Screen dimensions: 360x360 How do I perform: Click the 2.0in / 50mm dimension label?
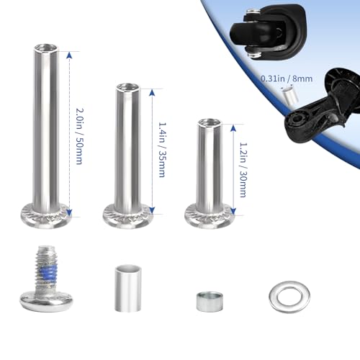click(79, 136)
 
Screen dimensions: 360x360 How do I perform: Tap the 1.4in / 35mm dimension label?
click(162, 150)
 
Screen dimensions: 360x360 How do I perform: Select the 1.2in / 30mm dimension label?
click(243, 170)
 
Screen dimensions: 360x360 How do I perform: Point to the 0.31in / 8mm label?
click(287, 78)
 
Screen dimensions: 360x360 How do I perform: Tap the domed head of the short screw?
click(46, 301)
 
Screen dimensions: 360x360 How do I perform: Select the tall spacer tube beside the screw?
click(128, 288)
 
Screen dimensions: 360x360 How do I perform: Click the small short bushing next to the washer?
click(210, 302)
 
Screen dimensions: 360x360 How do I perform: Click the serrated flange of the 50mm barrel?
click(46, 215)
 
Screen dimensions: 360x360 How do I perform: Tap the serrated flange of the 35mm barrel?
click(128, 215)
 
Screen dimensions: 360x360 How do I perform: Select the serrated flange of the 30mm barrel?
click(210, 215)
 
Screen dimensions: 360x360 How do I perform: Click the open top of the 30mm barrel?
click(210, 122)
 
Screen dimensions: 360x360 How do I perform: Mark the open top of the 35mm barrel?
click(128, 87)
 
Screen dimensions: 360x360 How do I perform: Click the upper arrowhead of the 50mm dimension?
click(69, 56)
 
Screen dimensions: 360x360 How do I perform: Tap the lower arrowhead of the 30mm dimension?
click(233, 211)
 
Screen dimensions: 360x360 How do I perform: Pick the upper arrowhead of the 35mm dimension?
click(151, 92)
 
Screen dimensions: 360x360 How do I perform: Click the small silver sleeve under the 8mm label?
click(289, 96)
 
